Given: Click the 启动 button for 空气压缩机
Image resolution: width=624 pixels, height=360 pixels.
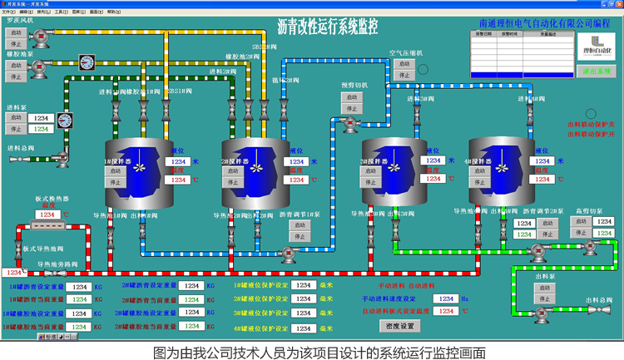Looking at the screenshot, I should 404,63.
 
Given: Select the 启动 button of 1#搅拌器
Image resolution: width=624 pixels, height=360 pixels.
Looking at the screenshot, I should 116,171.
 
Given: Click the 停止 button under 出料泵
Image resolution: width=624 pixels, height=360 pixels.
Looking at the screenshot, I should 545,300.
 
